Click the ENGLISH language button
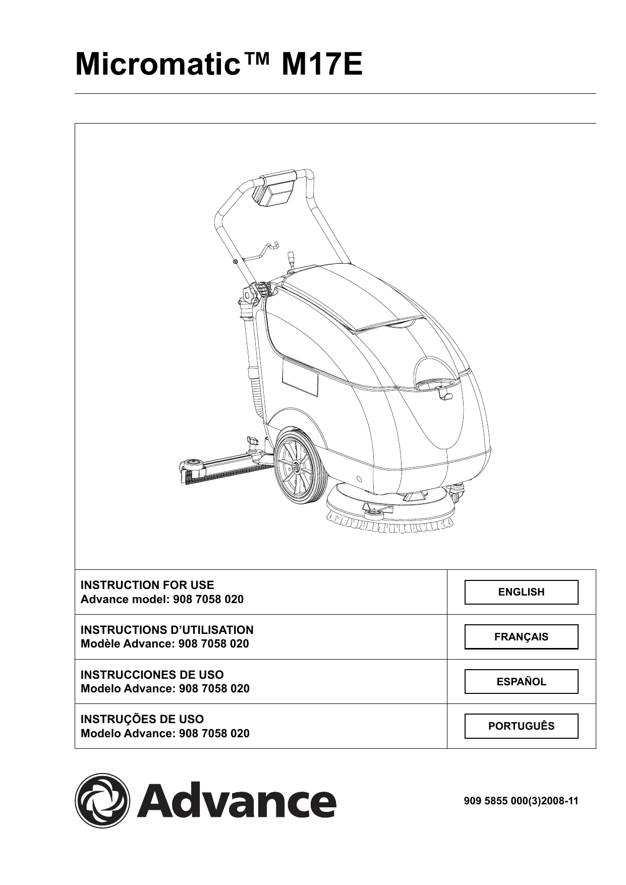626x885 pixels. [521, 592]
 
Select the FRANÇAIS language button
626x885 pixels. [521, 637]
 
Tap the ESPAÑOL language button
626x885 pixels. [521, 682]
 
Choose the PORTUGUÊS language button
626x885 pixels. [521, 726]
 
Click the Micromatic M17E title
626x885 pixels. [219, 65]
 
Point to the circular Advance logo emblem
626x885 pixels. [102, 800]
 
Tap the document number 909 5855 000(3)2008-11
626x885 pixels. [521, 800]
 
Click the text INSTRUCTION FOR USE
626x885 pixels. [147, 585]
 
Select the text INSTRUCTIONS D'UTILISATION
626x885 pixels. [167, 630]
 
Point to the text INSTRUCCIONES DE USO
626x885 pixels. [152, 675]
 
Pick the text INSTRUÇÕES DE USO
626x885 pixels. [142, 719]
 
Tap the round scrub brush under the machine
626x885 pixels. [388, 514]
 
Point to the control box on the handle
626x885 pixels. [275, 191]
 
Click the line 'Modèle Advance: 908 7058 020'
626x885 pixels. [165, 644]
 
